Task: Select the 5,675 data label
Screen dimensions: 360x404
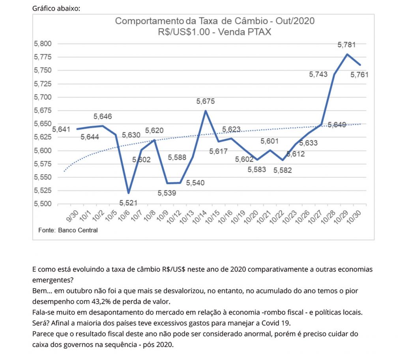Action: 206,101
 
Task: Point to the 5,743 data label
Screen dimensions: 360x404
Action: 318,74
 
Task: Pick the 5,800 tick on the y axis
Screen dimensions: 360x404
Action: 43,44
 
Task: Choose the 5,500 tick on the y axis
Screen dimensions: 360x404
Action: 43,204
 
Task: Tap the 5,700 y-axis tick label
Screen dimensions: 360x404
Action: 43,97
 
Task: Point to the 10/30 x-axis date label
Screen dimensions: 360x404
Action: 357,217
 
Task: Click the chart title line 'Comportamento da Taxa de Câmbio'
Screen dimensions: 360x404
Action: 215,21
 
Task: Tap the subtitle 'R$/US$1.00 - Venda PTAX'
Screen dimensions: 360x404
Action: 215,32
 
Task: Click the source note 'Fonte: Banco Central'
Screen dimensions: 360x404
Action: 68,230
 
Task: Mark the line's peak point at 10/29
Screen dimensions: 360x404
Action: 347,54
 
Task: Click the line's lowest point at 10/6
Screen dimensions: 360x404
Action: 128,193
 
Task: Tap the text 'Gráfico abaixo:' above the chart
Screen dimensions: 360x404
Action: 56,8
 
